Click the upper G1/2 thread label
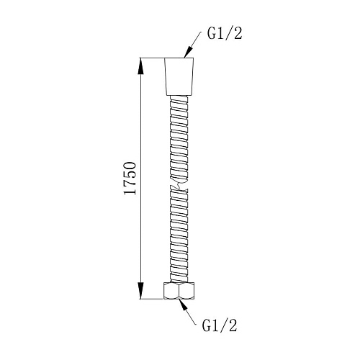225,34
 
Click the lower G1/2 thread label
220,326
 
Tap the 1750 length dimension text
130,178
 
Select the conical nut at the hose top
179,76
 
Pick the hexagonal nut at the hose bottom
179,291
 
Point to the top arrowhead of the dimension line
140,66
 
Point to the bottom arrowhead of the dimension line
140,291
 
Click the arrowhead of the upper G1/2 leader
189,52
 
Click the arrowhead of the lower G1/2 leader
184,305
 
